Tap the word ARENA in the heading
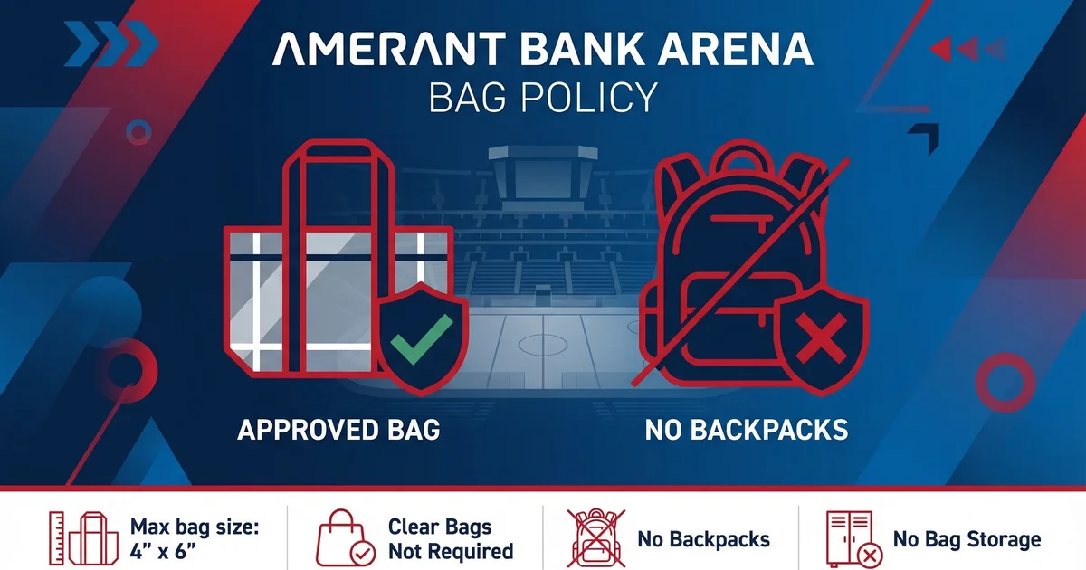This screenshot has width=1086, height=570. tap(736, 49)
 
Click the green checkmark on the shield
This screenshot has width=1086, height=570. tap(422, 338)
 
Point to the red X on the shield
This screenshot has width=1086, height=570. tap(822, 338)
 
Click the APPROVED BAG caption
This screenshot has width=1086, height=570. tap(338, 430)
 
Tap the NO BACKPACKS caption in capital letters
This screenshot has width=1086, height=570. tap(746, 430)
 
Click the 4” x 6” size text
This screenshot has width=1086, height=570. tap(162, 551)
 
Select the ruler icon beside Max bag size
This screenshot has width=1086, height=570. tap(57, 538)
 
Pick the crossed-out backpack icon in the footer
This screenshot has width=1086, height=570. tap(596, 538)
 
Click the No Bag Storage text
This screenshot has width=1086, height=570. tap(967, 539)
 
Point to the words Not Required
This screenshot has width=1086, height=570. tap(451, 551)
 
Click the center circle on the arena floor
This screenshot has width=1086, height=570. tap(542, 345)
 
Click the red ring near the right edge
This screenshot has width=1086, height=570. tap(1005, 383)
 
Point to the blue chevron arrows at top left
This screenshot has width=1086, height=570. tap(111, 43)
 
